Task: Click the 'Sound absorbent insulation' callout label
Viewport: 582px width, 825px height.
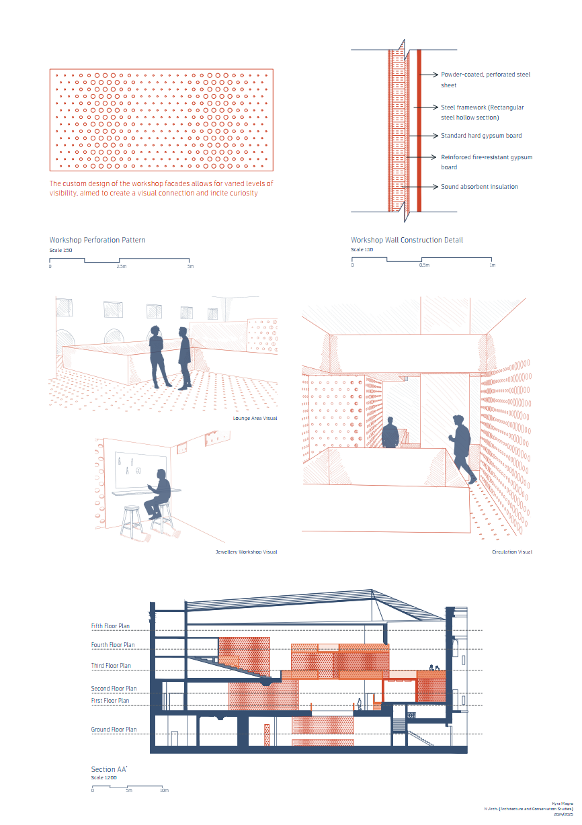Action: click(479, 186)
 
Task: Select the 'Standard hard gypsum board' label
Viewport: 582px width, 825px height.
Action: click(481, 136)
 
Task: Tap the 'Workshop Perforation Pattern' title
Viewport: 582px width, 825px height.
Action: click(97, 240)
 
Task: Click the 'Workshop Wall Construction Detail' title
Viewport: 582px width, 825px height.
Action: click(407, 240)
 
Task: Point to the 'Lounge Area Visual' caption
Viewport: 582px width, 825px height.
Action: click(255, 418)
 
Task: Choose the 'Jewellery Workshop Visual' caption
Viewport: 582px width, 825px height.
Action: click(246, 552)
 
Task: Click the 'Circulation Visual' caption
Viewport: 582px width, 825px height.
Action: click(512, 552)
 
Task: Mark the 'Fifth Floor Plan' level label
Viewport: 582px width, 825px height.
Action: click(110, 626)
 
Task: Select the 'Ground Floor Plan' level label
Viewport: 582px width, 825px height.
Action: click(114, 730)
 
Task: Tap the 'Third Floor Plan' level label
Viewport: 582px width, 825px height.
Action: click(111, 666)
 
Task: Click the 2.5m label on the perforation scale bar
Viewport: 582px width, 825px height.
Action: click(122, 267)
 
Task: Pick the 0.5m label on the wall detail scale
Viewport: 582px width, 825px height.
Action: click(424, 265)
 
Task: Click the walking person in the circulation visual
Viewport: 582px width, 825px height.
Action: click(462, 448)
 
